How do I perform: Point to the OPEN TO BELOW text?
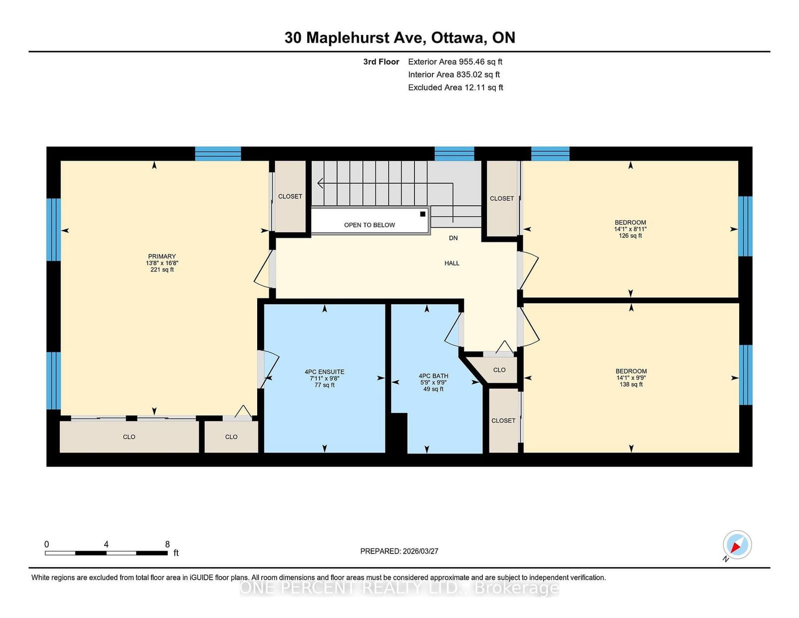coord(370,225)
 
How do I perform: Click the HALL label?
coord(452,263)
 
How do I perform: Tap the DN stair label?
coord(453,238)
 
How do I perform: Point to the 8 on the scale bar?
coord(167,544)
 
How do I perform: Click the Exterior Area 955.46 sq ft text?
coord(455,62)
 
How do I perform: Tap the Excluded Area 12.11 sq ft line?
coord(455,87)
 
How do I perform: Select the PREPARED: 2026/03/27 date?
coord(399,551)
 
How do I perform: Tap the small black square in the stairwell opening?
coord(423,214)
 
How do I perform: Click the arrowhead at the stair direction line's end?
coord(320,183)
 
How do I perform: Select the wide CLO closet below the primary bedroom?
coord(129,437)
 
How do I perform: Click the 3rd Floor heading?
coord(381,62)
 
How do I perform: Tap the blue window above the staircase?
coord(454,153)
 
